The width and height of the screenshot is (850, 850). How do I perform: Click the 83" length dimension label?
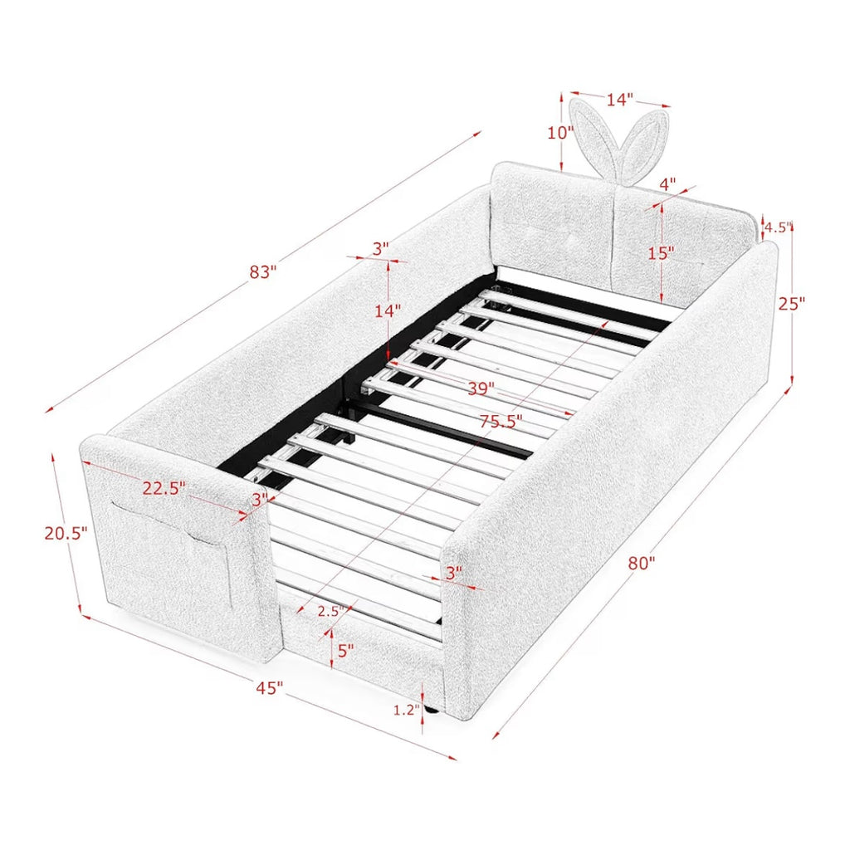coord(263,271)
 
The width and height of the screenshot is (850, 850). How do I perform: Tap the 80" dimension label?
coord(642,564)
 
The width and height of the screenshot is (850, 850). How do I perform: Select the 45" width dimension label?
coord(270,688)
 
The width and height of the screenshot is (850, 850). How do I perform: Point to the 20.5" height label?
coord(66,534)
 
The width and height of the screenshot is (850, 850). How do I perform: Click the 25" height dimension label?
coord(791,304)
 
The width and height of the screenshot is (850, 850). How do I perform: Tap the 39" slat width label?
coord(481,388)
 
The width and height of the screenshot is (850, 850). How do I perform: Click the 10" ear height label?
coord(560,132)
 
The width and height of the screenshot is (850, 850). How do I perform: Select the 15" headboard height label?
coord(662,252)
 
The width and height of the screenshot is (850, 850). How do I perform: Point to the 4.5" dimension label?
coord(779,227)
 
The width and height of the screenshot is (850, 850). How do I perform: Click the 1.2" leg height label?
coord(407,710)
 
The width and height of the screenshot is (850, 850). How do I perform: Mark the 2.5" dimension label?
coord(331,612)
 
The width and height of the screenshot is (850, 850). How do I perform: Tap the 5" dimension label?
coord(345,650)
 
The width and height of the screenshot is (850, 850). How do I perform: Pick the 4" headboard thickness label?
coord(667,183)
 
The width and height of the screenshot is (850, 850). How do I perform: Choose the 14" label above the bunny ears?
coord(619,100)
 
